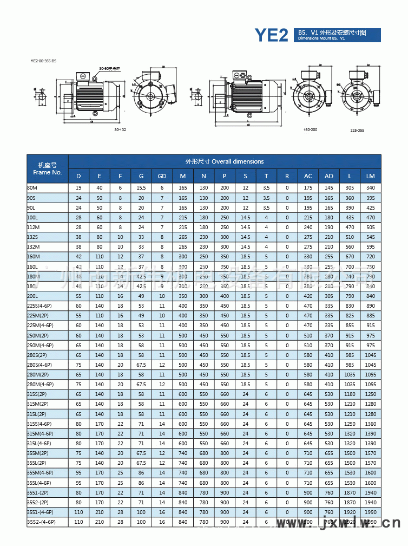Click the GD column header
[x=161, y=176]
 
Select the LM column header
[x=370, y=176]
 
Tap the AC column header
[x=308, y=176]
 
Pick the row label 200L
[x=32, y=296]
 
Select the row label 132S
[x=32, y=237]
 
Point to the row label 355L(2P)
[x=37, y=463]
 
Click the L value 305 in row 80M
[x=350, y=187]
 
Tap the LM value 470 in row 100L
[x=370, y=217]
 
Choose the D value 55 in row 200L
[x=78, y=296]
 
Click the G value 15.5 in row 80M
[x=141, y=187]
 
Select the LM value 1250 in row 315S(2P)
[x=370, y=394]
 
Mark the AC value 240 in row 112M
[x=308, y=227]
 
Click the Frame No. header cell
[x=47, y=168]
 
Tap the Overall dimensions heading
[x=225, y=161]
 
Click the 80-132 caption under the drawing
[x=120, y=131]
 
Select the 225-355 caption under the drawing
[x=357, y=131]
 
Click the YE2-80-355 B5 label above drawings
[x=43, y=61]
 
